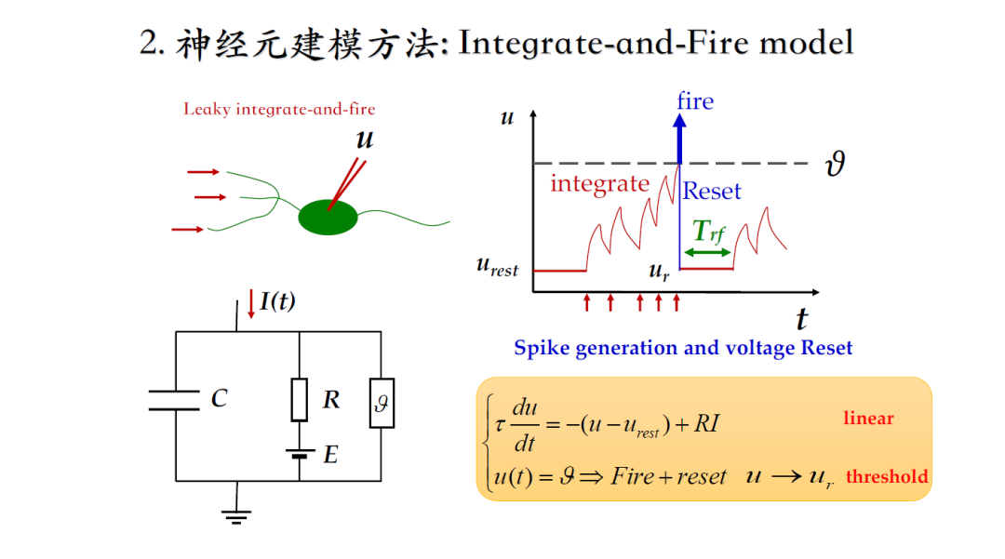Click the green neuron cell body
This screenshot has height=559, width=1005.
[x=328, y=217]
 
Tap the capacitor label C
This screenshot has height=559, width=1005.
[x=219, y=399]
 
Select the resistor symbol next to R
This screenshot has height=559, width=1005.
[x=299, y=400]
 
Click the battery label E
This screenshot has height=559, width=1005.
[x=330, y=456]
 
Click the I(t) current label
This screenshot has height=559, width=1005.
[x=277, y=301]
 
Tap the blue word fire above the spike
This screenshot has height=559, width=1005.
[x=695, y=100]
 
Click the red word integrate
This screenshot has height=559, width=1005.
[x=599, y=183]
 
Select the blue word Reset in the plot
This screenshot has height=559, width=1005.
[x=712, y=192]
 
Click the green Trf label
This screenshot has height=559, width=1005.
[x=708, y=232]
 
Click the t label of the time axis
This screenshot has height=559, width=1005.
[x=801, y=319]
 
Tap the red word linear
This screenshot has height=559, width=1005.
[x=868, y=419]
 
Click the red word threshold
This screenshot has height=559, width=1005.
[x=887, y=477]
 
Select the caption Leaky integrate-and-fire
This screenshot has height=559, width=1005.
[x=279, y=109]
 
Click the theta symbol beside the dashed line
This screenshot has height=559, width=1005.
[x=835, y=166]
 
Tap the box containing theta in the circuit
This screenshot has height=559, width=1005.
[x=381, y=403]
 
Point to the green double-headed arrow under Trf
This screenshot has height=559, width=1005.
[x=707, y=252]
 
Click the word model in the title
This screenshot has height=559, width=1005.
[x=806, y=43]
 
